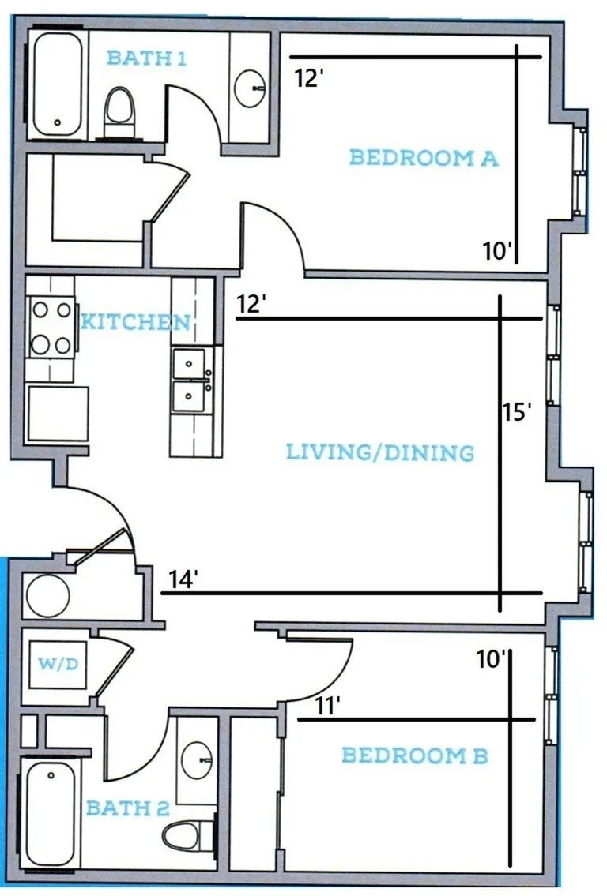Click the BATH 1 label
(146, 58)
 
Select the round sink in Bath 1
(251, 88)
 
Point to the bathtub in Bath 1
(57, 84)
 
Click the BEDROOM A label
(424, 157)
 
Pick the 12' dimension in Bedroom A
(310, 77)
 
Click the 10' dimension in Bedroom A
(496, 250)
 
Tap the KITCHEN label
(136, 322)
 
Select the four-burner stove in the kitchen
(51, 328)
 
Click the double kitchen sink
(190, 381)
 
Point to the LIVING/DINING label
(380, 452)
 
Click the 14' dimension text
(183, 579)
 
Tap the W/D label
(58, 663)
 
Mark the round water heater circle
(48, 595)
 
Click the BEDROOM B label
(416, 755)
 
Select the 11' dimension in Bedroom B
(328, 706)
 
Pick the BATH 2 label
(127, 808)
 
